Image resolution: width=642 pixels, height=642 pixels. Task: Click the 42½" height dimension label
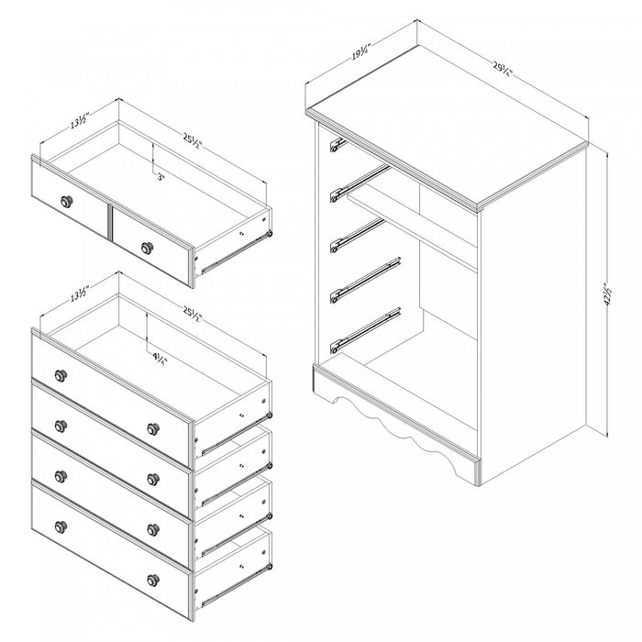pos(608,294)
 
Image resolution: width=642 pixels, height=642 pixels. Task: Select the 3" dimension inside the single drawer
pos(162,177)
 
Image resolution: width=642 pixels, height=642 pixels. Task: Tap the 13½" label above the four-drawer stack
pos(79,295)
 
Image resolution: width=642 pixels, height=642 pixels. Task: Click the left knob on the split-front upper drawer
pos(66,201)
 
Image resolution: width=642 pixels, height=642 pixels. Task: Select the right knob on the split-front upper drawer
pos(146,246)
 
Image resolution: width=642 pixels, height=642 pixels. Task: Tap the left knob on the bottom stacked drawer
pos(61,526)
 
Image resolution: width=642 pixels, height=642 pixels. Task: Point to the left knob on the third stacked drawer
pos(61,474)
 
